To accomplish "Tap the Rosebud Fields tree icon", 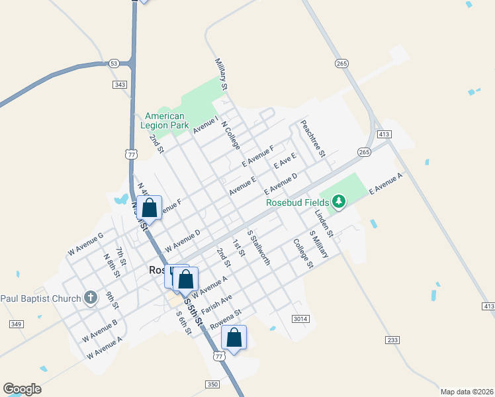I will (x=339, y=200).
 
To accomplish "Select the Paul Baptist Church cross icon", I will (x=91, y=298).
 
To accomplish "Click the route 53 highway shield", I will (x=114, y=64).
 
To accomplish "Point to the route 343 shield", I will (x=120, y=85).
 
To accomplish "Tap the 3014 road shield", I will (x=300, y=319).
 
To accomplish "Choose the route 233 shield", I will (x=393, y=339).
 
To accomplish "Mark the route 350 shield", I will (x=212, y=384).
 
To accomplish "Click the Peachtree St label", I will (x=312, y=138).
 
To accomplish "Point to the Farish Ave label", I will (x=216, y=306).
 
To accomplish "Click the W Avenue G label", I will (x=85, y=244).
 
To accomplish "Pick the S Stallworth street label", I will (x=259, y=247).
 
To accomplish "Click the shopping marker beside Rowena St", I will (x=234, y=337).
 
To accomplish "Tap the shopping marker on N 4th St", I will (x=150, y=208).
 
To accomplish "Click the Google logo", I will (x=22, y=389).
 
